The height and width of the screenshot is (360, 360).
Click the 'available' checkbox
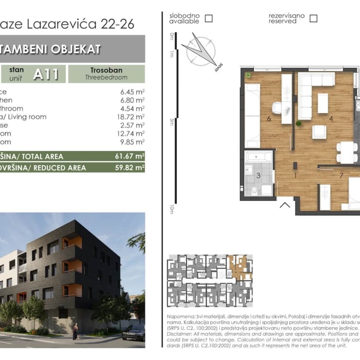[x=209, y=18]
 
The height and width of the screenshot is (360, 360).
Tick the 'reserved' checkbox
[x=313, y=18]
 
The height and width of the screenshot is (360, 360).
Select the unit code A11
[x=46, y=74]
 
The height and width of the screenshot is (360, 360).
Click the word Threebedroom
[x=106, y=78]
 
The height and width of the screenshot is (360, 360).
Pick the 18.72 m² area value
[x=131, y=117]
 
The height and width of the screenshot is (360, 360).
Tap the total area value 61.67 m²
[x=130, y=156]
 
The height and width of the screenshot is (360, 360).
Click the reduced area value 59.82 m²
[x=130, y=168]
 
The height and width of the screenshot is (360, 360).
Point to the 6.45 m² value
[x=131, y=92]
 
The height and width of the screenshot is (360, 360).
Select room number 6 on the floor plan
[x=269, y=119]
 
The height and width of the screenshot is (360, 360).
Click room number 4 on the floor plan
[x=331, y=119]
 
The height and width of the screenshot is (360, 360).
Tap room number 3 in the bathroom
[x=258, y=175]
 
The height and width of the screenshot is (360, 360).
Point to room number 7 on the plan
[x=341, y=175]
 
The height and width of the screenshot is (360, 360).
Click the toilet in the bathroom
[x=254, y=189]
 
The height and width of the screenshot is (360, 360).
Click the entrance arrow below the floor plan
[x=285, y=204]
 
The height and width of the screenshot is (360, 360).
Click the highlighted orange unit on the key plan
[x=240, y=267]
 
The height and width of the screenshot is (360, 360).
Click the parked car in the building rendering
[x=133, y=332]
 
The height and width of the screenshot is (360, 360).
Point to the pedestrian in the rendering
[x=75, y=331]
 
